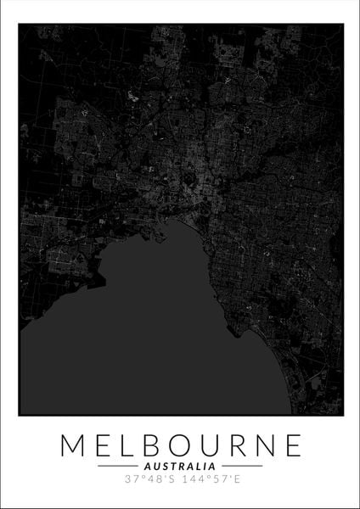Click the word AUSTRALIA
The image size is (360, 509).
[180, 467]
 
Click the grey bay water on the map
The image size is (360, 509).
[153, 339]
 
